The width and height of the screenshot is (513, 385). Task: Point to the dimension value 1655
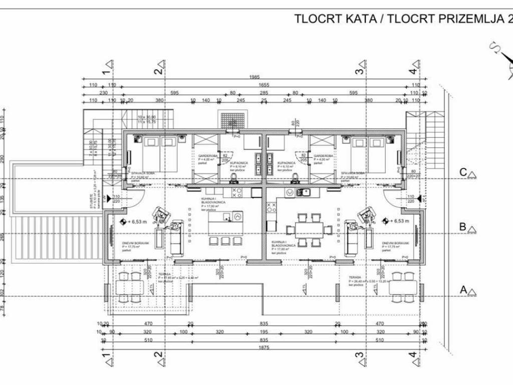point(264,85)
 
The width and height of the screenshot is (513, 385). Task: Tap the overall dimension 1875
point(264,348)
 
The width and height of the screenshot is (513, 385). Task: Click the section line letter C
point(464,173)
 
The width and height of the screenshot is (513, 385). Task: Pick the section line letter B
point(463,227)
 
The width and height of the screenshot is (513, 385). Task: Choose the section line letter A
point(463,290)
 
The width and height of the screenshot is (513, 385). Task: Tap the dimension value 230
point(104,93)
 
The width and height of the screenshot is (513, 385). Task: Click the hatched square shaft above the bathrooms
point(232,121)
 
